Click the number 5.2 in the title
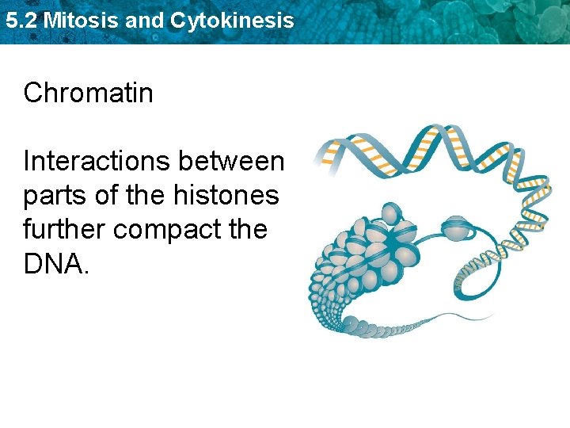pos(21,21)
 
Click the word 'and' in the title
pos(144,21)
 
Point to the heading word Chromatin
pos(89,94)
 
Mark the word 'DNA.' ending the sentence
pos(57,264)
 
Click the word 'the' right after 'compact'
pos(245,230)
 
